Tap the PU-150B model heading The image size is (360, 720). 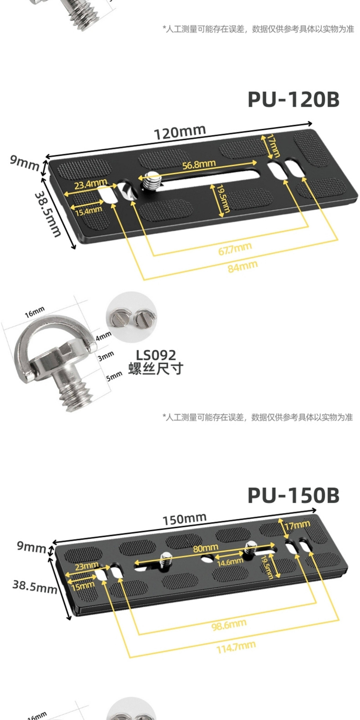(x=294, y=496)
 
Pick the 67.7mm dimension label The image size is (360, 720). (x=235, y=249)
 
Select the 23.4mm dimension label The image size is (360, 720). (x=91, y=184)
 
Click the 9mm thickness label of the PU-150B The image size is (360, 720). (x=31, y=546)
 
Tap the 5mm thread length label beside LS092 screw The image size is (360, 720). (x=114, y=376)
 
